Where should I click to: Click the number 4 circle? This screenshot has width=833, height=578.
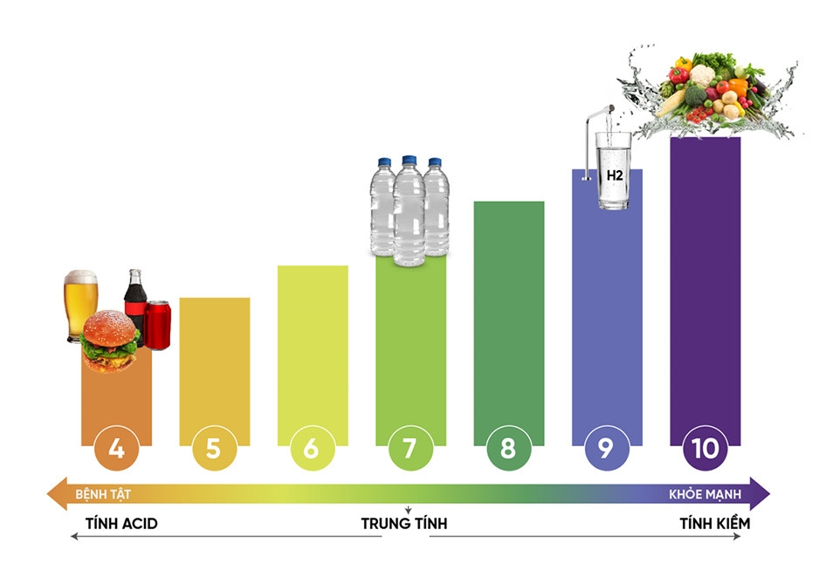coord(116,449)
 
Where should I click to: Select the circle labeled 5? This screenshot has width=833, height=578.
coord(214,449)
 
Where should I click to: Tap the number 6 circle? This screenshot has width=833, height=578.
coord(312,449)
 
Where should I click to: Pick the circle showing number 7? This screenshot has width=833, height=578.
coord(410,449)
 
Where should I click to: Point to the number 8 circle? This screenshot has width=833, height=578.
coord(508,449)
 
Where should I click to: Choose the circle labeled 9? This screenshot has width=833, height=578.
coord(606,449)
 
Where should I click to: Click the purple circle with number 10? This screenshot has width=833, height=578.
coord(704,449)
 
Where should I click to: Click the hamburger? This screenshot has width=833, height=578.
coord(110,341)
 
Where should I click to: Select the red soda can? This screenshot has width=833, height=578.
coord(157,325)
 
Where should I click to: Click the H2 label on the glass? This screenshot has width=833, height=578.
coord(615,175)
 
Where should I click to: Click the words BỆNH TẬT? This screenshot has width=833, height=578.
coord(99,494)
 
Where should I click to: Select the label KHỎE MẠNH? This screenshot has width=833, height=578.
coord(705,494)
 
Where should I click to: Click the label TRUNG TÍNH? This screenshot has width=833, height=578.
coord(404,524)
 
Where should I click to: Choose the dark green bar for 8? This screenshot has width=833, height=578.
coord(508,314)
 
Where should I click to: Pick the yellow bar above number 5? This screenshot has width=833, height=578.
coord(214,367)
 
